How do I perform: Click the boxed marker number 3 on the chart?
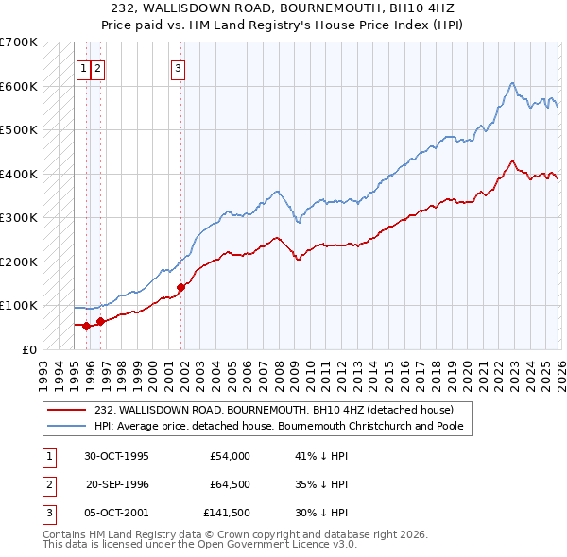coord(178,67)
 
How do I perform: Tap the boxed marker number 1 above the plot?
coord(83,67)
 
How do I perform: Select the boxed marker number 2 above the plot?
coord(98,67)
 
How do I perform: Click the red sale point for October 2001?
coord(180,287)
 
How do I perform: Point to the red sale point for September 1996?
coord(100,321)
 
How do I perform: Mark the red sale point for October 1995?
coord(86,326)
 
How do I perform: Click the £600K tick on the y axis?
coord(18,86)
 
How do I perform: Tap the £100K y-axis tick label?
coord(18,306)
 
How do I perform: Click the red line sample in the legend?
coord(66,410)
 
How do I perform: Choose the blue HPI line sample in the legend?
coord(66,426)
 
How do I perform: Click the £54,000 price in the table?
coord(230,456)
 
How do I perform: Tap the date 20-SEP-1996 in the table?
coord(118,484)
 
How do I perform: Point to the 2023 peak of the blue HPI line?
coord(511,83)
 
